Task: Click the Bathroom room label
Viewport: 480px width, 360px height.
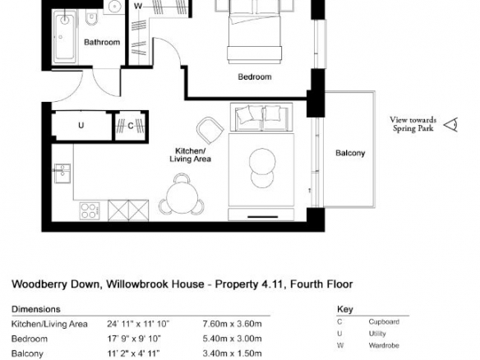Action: pyautogui.click(x=102, y=42)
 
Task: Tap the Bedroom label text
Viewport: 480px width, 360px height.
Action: pyautogui.click(x=255, y=76)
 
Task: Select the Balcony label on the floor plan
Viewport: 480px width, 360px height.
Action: pyautogui.click(x=350, y=153)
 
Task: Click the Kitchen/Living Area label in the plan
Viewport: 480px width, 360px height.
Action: pyautogui.click(x=190, y=155)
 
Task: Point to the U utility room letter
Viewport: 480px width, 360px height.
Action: pyautogui.click(x=81, y=126)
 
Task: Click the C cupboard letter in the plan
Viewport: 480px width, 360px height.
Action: pyautogui.click(x=131, y=126)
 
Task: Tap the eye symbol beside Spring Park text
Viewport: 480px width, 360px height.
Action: pyautogui.click(x=451, y=125)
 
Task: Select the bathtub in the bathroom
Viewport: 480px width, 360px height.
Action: pyautogui.click(x=65, y=37)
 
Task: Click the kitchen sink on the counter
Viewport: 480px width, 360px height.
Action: pyautogui.click(x=62, y=173)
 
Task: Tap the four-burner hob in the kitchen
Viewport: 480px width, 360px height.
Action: pyautogui.click(x=90, y=211)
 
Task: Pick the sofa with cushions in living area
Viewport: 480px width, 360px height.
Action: pyautogui.click(x=261, y=118)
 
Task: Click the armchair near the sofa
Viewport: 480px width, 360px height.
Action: pyautogui.click(x=210, y=130)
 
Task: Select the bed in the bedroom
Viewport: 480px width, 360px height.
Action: pyautogui.click(x=254, y=32)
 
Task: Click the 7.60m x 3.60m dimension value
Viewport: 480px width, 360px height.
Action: pyautogui.click(x=232, y=324)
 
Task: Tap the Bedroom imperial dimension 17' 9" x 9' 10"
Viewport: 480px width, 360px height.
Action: pyautogui.click(x=134, y=339)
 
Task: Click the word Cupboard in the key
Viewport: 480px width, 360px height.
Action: pyautogui.click(x=384, y=322)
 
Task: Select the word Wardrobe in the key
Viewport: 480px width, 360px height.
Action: pyautogui.click(x=384, y=345)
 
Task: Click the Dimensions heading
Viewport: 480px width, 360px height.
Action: pyautogui.click(x=36, y=309)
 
